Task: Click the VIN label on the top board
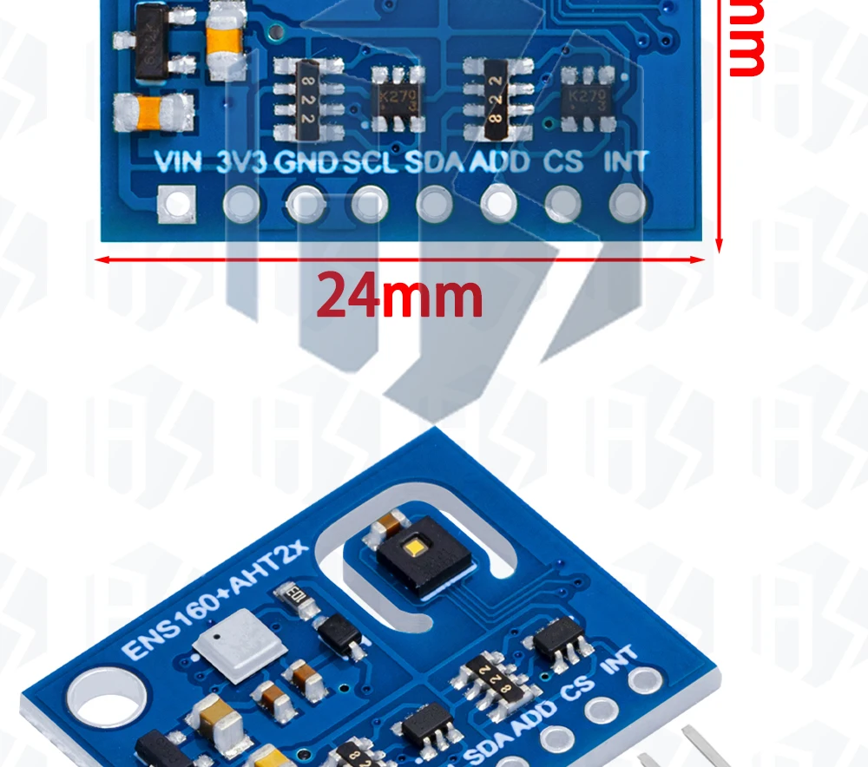point(178,162)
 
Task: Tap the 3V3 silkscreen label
point(241,162)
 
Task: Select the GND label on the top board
point(306,162)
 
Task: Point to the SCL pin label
point(371,162)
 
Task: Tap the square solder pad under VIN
point(176,205)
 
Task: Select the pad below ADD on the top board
point(498,205)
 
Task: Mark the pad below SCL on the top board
point(370,206)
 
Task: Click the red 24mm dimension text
point(399,296)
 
